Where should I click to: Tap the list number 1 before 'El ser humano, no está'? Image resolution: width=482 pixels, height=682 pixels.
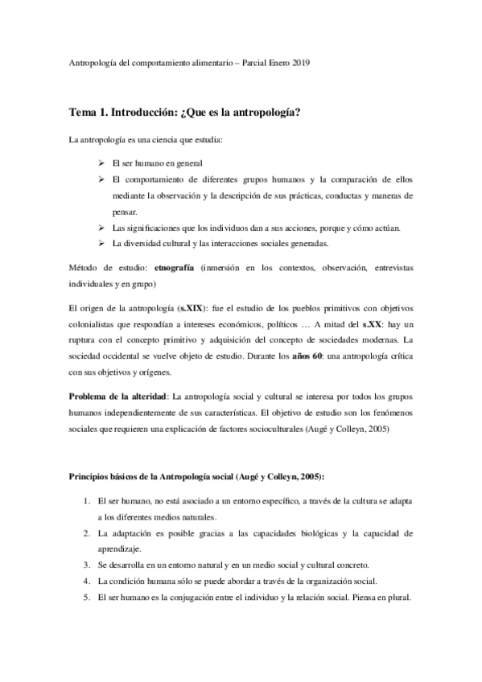click(x=87, y=501)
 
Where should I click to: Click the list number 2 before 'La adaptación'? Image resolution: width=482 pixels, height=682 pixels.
click(x=87, y=533)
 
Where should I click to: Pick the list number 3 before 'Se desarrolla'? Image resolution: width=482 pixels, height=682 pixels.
click(x=87, y=565)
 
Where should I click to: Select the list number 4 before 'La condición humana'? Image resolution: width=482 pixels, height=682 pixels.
click(x=87, y=581)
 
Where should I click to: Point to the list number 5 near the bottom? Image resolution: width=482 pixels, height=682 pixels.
click(x=87, y=598)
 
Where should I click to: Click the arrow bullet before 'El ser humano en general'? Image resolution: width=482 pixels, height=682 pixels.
click(x=101, y=163)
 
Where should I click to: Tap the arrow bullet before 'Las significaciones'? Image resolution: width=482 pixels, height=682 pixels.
click(x=101, y=228)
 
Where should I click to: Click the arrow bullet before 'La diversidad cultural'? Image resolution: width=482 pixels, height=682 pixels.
click(x=101, y=244)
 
